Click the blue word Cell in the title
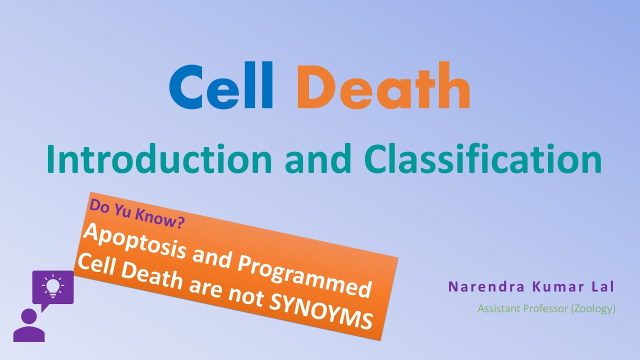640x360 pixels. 220,86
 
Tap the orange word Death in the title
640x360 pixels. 384,86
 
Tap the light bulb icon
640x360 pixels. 52,285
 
